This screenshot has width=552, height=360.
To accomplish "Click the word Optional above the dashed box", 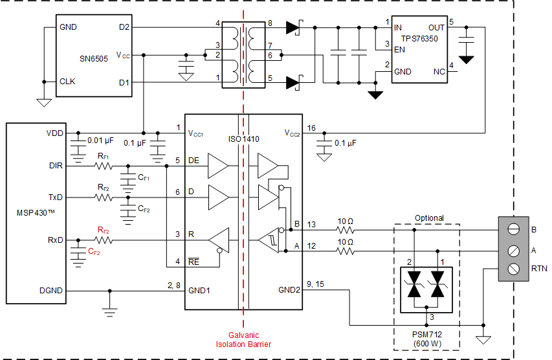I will point(429,218).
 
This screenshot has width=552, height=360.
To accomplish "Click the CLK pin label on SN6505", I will point(67,82).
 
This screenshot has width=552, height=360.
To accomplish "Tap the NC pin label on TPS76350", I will point(439,73).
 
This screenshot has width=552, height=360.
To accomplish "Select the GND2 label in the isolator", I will point(289,290).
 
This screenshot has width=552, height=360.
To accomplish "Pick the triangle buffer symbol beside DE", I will point(217,166).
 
